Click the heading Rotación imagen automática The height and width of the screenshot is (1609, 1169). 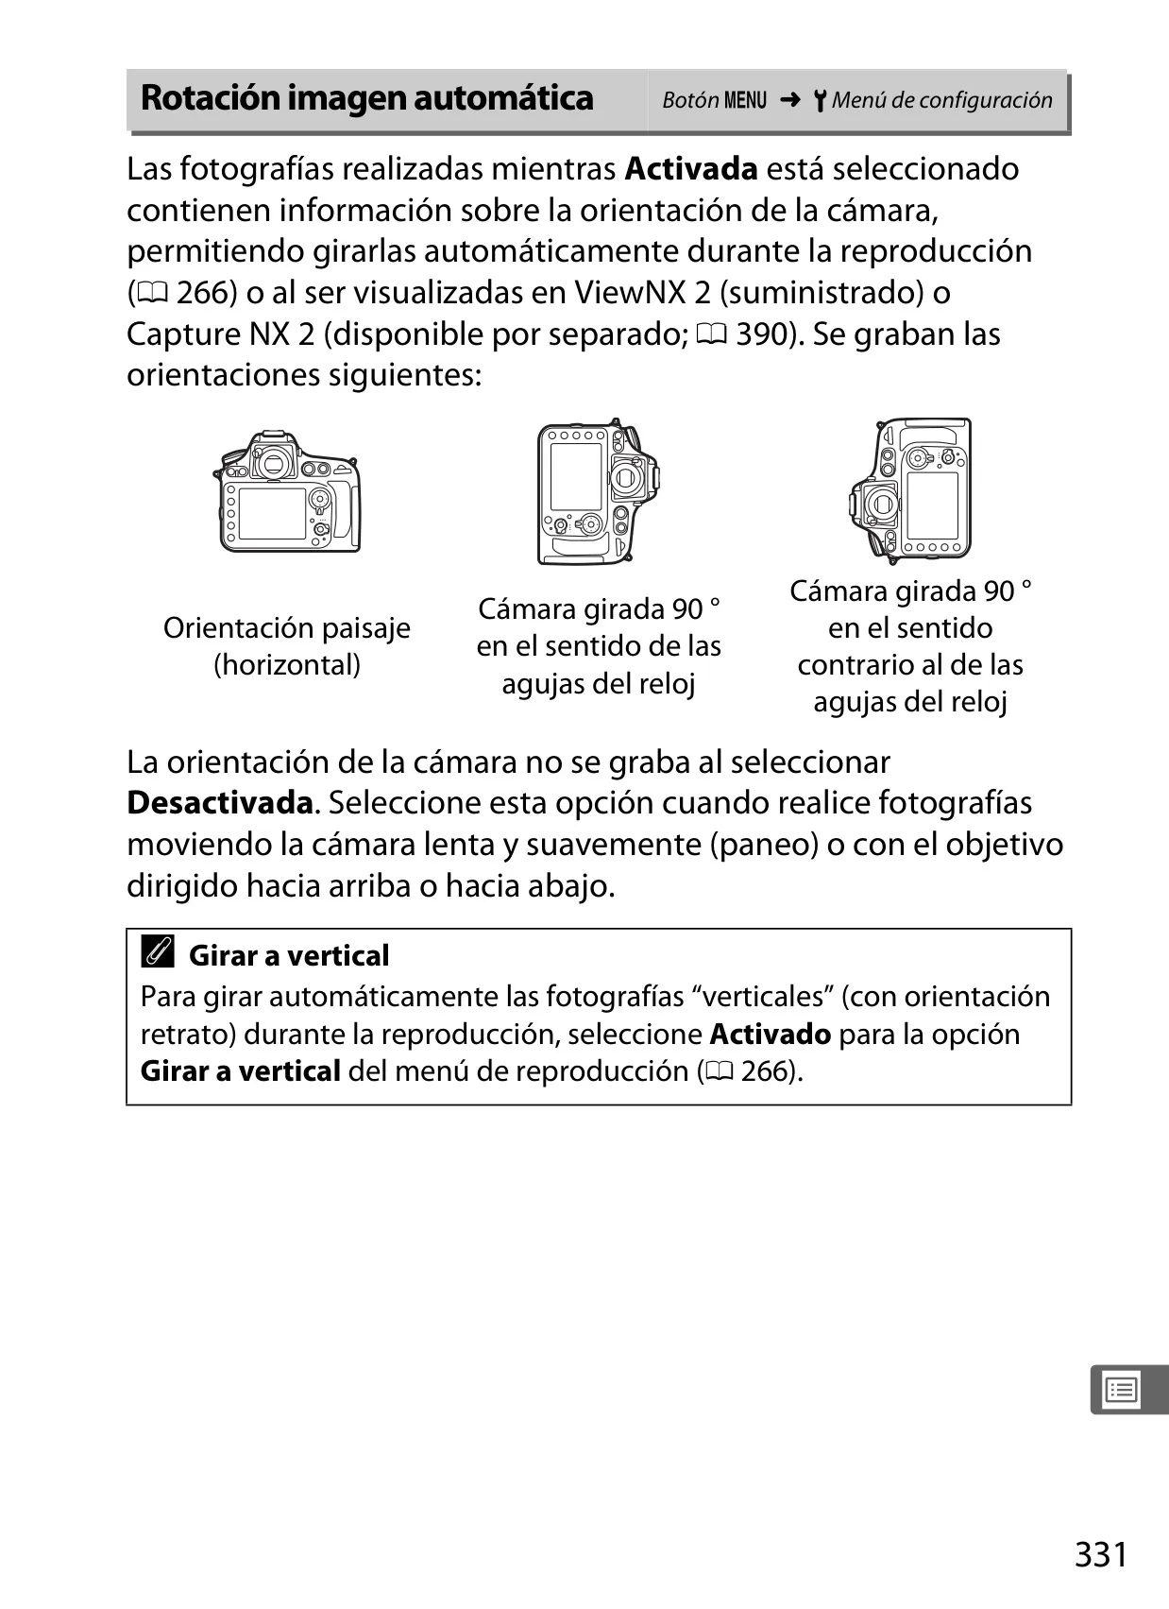tap(367, 98)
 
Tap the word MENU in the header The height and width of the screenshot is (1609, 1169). tap(745, 100)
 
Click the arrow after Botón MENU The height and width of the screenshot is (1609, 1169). tap(789, 100)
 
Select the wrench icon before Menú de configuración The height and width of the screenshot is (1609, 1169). tap(820, 100)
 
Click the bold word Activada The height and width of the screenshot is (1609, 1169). tap(691, 169)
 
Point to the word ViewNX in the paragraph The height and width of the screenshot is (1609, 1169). tap(620, 292)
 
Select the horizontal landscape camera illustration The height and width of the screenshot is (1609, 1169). tap(287, 491)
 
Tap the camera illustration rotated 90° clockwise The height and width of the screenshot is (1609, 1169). tap(598, 491)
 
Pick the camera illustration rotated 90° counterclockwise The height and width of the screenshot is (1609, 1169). tap(909, 491)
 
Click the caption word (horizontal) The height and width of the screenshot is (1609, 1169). tap(287, 665)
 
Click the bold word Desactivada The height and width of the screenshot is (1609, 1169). tap(220, 803)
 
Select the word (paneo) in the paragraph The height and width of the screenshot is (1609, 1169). tap(765, 846)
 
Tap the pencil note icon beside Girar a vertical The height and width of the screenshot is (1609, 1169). tap(158, 951)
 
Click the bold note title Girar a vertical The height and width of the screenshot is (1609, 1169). tap(289, 956)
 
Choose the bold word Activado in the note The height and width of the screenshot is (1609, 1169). tap(770, 1035)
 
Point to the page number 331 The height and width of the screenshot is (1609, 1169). tap(1101, 1554)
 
